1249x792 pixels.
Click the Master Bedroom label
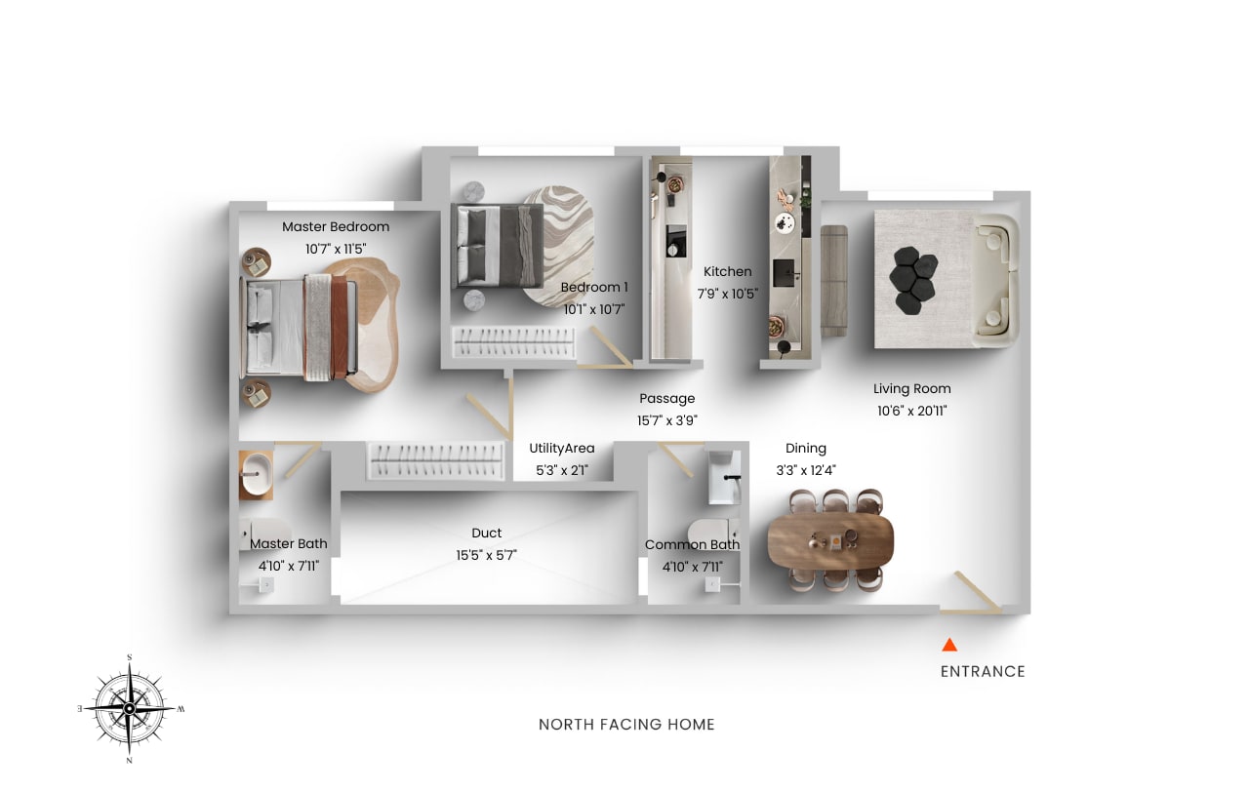pyautogui.click(x=336, y=227)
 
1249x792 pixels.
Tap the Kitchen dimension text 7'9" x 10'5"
pyautogui.click(x=728, y=294)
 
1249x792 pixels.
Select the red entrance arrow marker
pyautogui.click(x=948, y=645)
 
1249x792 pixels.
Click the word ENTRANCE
pyautogui.click(x=983, y=671)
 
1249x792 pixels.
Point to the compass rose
pyautogui.click(x=130, y=707)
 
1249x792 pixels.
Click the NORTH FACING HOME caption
pyautogui.click(x=626, y=725)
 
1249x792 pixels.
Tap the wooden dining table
pyautogui.click(x=830, y=539)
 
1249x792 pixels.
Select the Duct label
pyautogui.click(x=486, y=534)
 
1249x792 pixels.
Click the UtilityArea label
pyautogui.click(x=562, y=449)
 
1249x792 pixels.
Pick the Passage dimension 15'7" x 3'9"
pyautogui.click(x=667, y=420)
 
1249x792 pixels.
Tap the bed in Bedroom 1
pyautogui.click(x=498, y=246)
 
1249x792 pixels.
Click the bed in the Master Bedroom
pyautogui.click(x=298, y=326)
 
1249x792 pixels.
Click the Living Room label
pyautogui.click(x=911, y=389)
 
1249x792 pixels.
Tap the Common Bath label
pyautogui.click(x=692, y=545)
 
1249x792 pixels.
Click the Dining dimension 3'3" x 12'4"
pyautogui.click(x=805, y=470)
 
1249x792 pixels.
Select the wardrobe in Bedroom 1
pyautogui.click(x=512, y=342)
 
